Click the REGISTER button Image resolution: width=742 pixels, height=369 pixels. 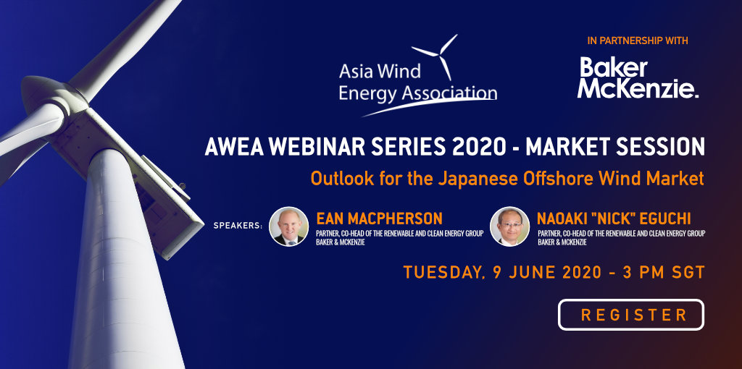[x=631, y=315]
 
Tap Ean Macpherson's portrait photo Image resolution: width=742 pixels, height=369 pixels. [x=288, y=226]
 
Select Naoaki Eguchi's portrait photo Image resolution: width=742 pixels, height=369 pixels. [x=509, y=226]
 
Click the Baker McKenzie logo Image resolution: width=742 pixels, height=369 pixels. [x=638, y=78]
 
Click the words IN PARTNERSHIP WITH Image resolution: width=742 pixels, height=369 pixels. [x=638, y=41]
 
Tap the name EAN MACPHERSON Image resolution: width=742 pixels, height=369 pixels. [x=379, y=219]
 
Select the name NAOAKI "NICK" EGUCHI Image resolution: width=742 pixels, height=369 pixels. [x=614, y=219]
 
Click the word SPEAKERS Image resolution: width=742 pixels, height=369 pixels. [x=238, y=226]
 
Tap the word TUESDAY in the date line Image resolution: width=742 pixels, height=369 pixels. [x=437, y=273]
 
